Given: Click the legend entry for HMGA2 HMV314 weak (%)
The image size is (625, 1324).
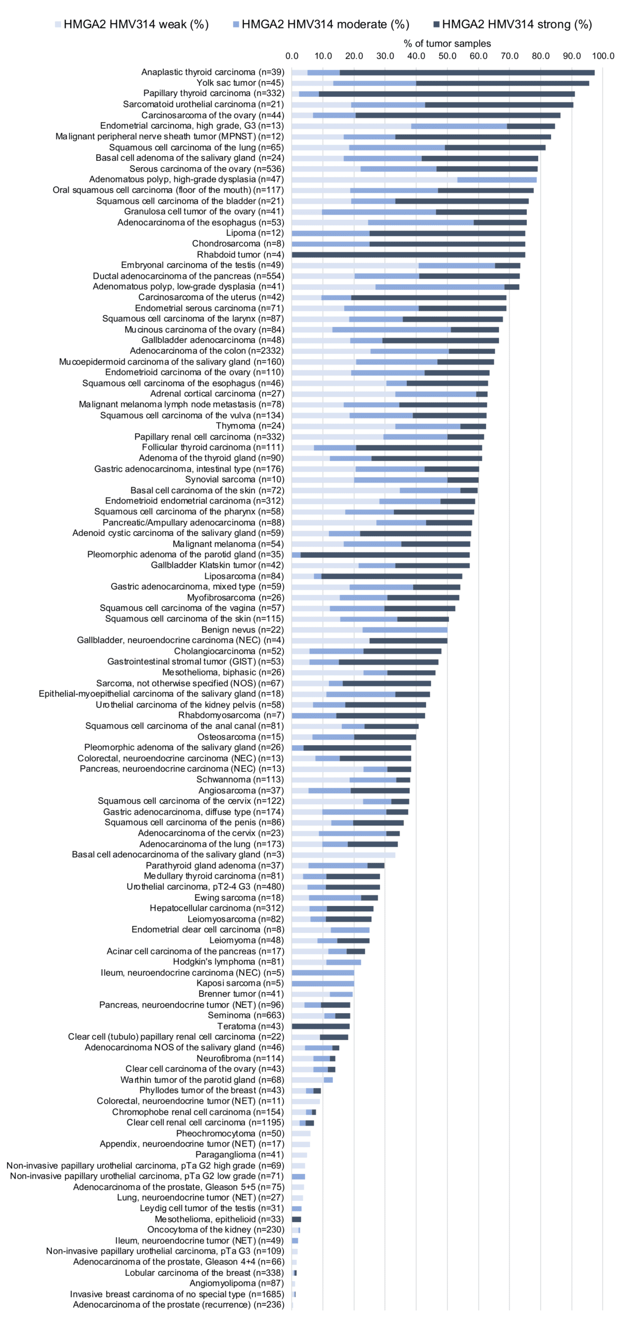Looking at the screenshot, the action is (132, 24).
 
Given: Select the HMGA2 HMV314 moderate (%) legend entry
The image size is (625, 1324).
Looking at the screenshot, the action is (321, 24).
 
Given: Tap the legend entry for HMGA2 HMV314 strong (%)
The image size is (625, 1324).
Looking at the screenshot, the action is (512, 24).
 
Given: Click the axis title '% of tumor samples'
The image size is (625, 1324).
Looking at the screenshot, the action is (447, 43).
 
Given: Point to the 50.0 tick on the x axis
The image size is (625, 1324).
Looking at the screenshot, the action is (447, 56).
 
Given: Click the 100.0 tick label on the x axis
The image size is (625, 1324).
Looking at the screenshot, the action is (603, 56).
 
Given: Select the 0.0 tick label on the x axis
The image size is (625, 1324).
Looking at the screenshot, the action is (292, 56).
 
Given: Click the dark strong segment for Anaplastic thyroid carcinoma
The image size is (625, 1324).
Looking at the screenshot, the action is (467, 72).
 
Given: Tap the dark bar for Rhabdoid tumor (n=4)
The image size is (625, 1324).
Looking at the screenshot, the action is (408, 254).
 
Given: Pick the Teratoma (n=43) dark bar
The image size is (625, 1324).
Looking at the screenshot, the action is (321, 1026).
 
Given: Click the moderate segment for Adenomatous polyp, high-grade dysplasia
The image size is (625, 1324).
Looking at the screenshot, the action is (497, 179).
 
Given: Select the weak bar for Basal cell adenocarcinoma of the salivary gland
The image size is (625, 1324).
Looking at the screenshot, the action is (344, 854).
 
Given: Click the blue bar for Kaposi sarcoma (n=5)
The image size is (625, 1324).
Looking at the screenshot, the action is (323, 983).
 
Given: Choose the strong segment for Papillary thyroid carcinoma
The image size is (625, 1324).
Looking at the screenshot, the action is (447, 94).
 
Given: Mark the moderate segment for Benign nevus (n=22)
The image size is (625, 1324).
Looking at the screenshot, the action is (405, 629).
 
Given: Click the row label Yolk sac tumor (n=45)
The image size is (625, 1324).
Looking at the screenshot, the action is (240, 83).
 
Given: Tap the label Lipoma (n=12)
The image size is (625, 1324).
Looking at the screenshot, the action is (255, 233).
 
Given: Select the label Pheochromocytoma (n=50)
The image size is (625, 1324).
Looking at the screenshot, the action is (230, 1133).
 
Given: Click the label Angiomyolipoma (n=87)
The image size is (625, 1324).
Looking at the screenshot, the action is (237, 1283).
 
